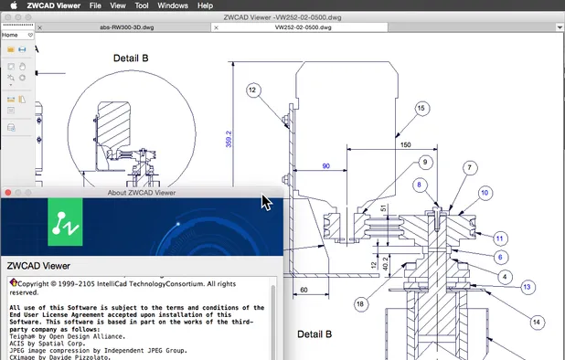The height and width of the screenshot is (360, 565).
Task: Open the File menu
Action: [x=96, y=5]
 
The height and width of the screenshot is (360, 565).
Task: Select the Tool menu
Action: [x=142, y=5]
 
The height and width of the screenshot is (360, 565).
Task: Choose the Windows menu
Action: [x=173, y=5]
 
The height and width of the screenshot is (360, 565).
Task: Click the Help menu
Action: [x=205, y=5]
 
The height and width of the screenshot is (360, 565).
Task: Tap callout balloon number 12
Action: [x=252, y=90]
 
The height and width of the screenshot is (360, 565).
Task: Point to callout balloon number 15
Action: [x=421, y=109]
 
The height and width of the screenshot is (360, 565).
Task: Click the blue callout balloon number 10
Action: [x=485, y=193]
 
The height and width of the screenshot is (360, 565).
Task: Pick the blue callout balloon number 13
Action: [x=527, y=287]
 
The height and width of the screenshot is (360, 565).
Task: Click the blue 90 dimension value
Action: [x=325, y=165]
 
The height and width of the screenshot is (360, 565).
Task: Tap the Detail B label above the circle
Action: [x=131, y=58]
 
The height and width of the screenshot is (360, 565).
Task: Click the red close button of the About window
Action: [x=8, y=193]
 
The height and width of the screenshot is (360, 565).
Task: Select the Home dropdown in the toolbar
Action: [x=13, y=34]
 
